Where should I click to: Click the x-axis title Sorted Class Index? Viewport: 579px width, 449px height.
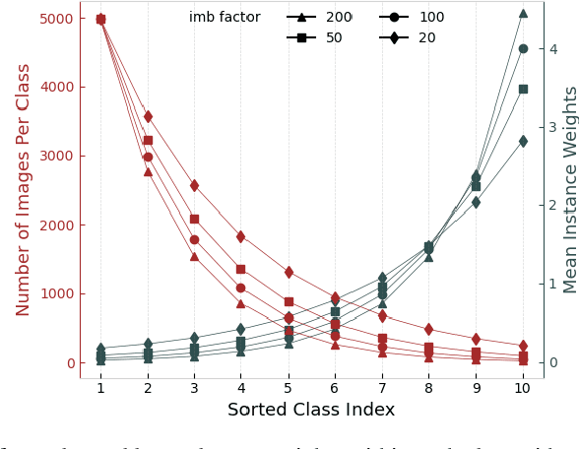coord(311,411)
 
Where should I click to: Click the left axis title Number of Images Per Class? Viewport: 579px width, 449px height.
coord(24,189)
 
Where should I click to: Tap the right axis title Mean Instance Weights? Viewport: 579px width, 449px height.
coord(570,189)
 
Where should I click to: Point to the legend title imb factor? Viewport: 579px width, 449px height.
coord(225,18)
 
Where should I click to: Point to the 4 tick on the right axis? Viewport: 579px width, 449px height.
coord(553,49)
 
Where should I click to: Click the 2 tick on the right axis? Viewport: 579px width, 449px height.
coord(553,206)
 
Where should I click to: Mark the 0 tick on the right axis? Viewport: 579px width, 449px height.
coord(553,362)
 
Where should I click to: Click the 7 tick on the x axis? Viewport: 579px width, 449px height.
coord(382,389)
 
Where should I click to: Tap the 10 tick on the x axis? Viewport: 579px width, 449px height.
coord(523,389)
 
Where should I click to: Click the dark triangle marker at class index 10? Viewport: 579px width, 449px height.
coord(523,14)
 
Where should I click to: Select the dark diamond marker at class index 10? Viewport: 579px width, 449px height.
coord(523,141)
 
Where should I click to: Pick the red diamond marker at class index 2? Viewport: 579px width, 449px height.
coord(148,116)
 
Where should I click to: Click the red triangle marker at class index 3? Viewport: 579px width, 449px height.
coord(194,256)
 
